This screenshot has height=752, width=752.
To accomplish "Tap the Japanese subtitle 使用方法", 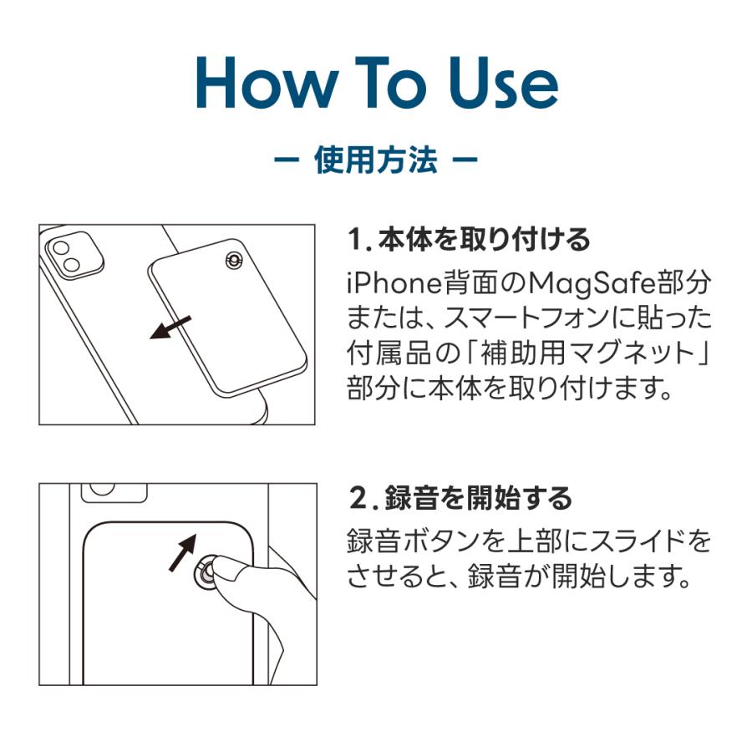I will (375, 160).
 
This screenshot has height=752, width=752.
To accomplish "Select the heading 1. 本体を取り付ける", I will (469, 240).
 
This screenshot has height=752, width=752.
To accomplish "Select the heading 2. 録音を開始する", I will (460, 499).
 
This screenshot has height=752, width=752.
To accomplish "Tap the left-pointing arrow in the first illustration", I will (171, 327).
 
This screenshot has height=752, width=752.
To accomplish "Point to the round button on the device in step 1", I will (233, 261).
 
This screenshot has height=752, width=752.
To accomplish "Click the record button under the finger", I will (204, 573).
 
